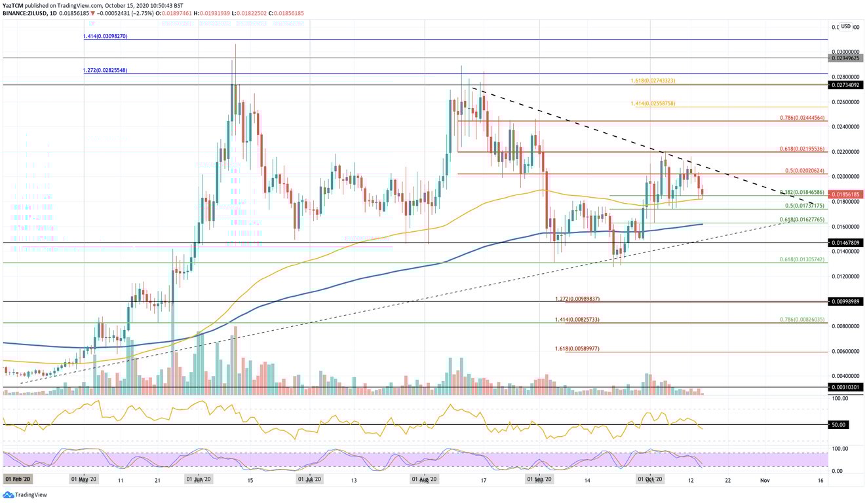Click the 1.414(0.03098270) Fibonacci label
coord(105,36)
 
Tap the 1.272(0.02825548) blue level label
coord(105,71)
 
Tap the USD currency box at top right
coord(846,26)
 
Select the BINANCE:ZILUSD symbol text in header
coord(24,12)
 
